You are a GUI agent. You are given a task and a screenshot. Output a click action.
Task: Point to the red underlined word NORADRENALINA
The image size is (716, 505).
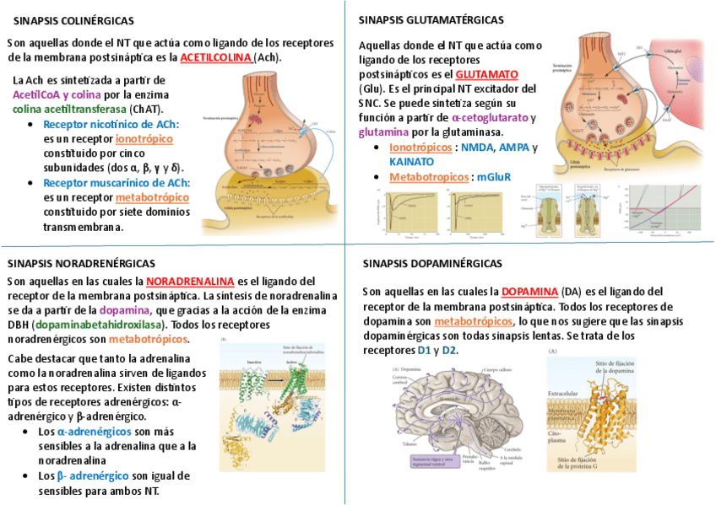[x=190, y=281]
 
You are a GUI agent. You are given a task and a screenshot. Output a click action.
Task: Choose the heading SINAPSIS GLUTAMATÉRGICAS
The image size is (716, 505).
[x=431, y=19]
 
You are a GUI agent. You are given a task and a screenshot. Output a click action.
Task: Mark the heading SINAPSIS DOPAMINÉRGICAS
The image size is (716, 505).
[x=432, y=264]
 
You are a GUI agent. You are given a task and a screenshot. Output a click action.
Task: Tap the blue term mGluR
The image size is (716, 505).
[x=494, y=177]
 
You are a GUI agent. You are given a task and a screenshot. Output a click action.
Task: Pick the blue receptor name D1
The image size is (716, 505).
[x=424, y=350]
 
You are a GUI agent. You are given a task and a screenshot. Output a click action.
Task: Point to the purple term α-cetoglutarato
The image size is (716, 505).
[x=490, y=118]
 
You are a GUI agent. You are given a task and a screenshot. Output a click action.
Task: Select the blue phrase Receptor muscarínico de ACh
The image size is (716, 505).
[x=117, y=182]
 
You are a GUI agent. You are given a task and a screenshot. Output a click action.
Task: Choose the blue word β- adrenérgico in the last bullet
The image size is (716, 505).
[x=93, y=475]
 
